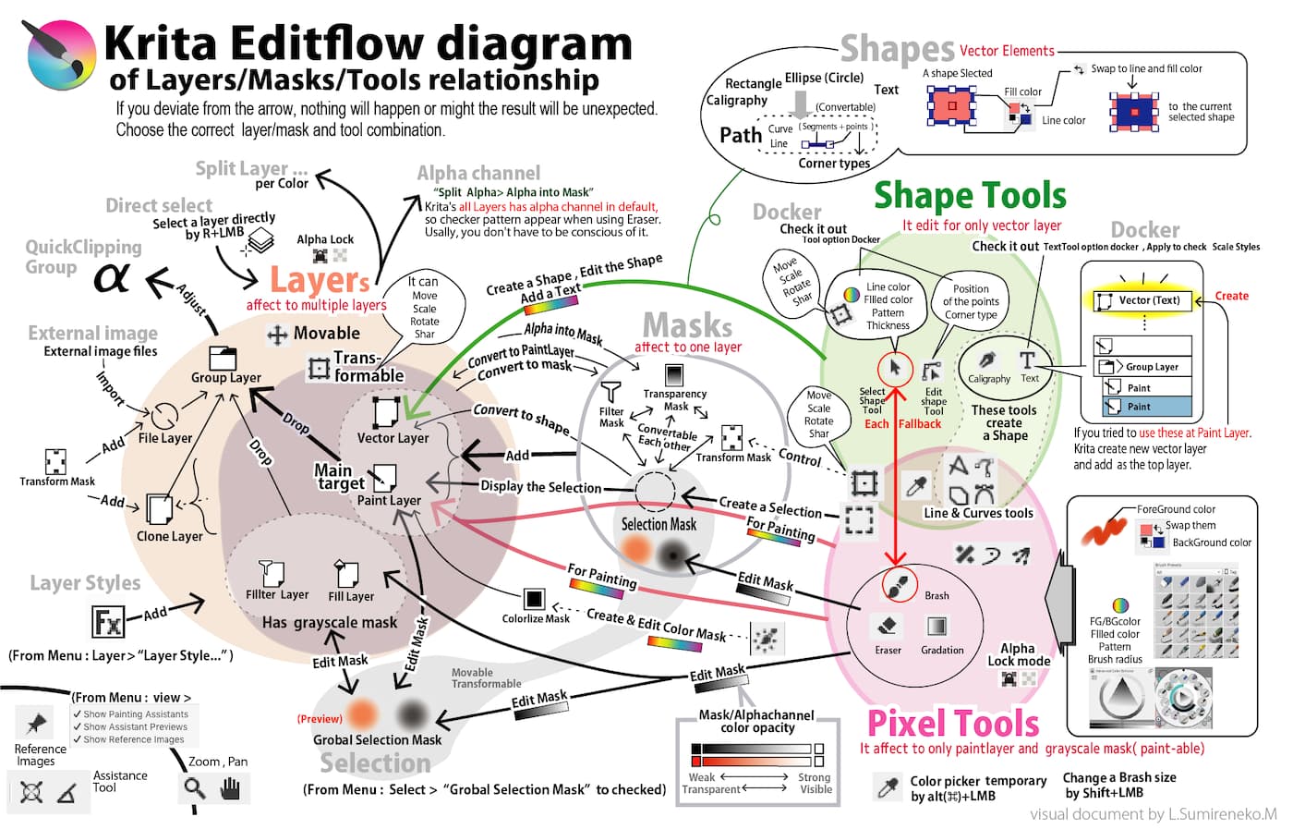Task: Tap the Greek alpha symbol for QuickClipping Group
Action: (x=112, y=276)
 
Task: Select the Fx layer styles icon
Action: (x=107, y=621)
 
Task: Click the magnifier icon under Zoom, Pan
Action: (x=194, y=787)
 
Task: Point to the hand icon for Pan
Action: (x=230, y=787)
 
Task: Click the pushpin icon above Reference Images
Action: (x=37, y=723)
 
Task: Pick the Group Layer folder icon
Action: (x=224, y=358)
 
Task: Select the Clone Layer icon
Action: (x=159, y=508)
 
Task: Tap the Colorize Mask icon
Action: (x=533, y=599)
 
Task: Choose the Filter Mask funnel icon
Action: (x=610, y=392)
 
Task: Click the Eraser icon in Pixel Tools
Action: (x=887, y=627)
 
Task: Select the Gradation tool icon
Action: (x=937, y=626)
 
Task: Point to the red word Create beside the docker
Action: (x=1231, y=296)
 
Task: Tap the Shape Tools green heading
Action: (x=970, y=196)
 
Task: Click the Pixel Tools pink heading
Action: (x=952, y=723)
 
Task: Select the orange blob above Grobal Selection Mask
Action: (x=362, y=713)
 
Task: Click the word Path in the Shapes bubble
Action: (x=741, y=136)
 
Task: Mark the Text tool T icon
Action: (x=1027, y=360)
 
